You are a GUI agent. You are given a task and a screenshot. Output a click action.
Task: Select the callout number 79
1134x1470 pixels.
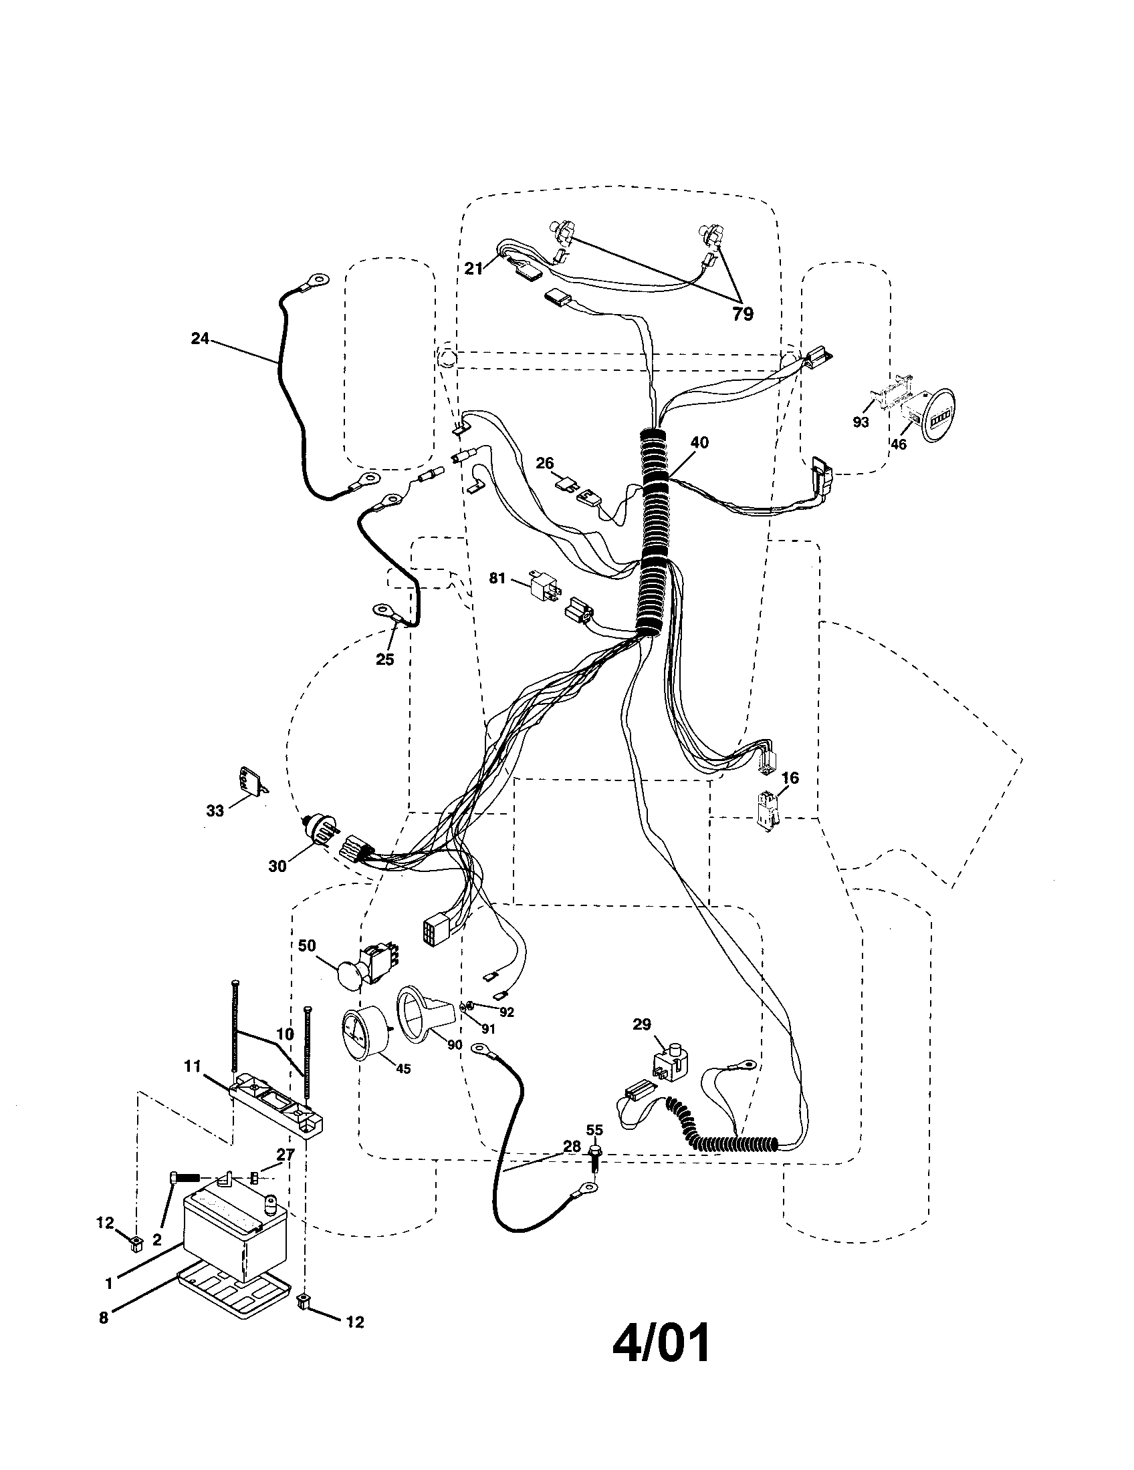point(743,314)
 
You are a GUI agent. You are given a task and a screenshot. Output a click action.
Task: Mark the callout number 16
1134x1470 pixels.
point(790,778)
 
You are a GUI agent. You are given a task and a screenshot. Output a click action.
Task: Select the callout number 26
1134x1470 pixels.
point(545,463)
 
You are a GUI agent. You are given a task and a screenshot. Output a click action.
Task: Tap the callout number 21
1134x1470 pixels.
point(474,269)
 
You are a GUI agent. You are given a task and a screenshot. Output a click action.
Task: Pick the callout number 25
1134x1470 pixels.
point(384,659)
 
